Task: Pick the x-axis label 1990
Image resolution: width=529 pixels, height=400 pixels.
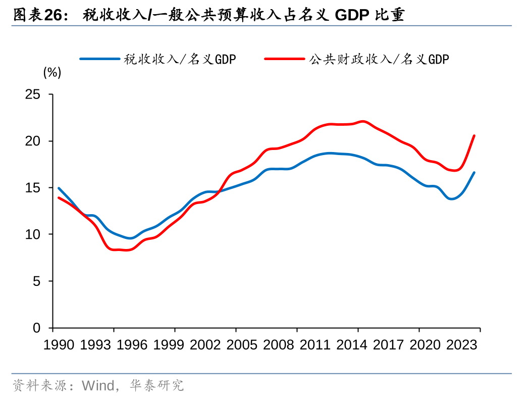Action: tap(60, 345)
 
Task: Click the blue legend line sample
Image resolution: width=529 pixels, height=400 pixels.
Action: tap(99, 59)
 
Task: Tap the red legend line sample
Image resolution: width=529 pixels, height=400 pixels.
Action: tap(284, 59)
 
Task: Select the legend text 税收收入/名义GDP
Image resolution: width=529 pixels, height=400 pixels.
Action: tap(180, 60)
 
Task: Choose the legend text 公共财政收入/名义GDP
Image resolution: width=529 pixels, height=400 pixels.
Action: tap(379, 60)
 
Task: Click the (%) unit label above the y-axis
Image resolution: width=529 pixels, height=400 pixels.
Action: tap(52, 73)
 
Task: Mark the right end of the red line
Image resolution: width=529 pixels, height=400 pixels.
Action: tap(474, 135)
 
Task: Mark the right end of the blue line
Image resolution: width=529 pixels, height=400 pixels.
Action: tap(474, 173)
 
